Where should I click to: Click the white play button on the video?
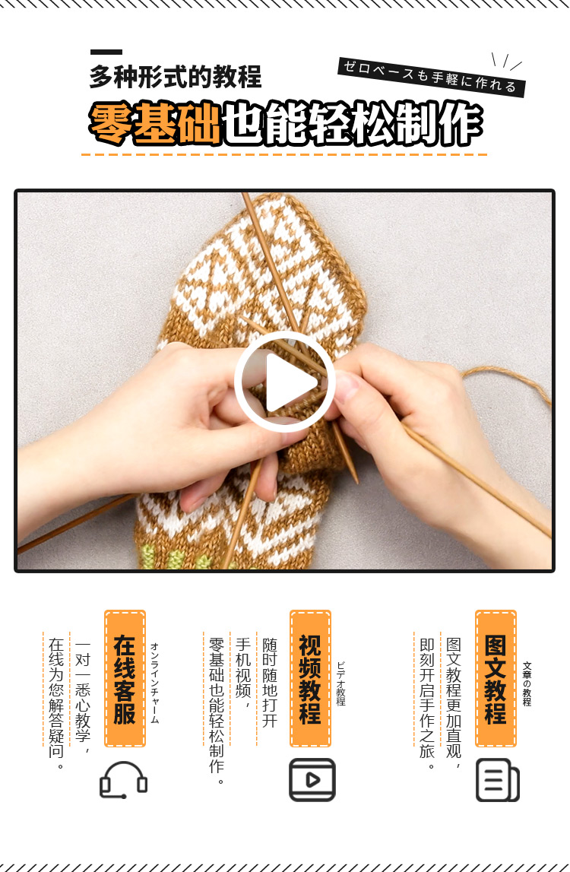(x=285, y=382)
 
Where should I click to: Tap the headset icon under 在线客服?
(x=123, y=780)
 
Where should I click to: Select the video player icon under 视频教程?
(x=312, y=780)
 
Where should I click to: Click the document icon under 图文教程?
(x=498, y=780)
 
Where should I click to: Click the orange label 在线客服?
(x=125, y=678)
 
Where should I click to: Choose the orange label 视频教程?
(x=310, y=678)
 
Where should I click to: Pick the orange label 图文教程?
(x=496, y=678)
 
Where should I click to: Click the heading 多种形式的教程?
(x=175, y=77)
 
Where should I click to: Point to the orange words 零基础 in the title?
(x=154, y=123)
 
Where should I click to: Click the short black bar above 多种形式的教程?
(x=106, y=52)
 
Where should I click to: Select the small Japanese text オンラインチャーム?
(x=154, y=683)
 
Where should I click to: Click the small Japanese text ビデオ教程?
(x=341, y=683)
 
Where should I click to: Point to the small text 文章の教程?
(x=527, y=683)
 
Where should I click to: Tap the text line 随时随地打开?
(x=270, y=683)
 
